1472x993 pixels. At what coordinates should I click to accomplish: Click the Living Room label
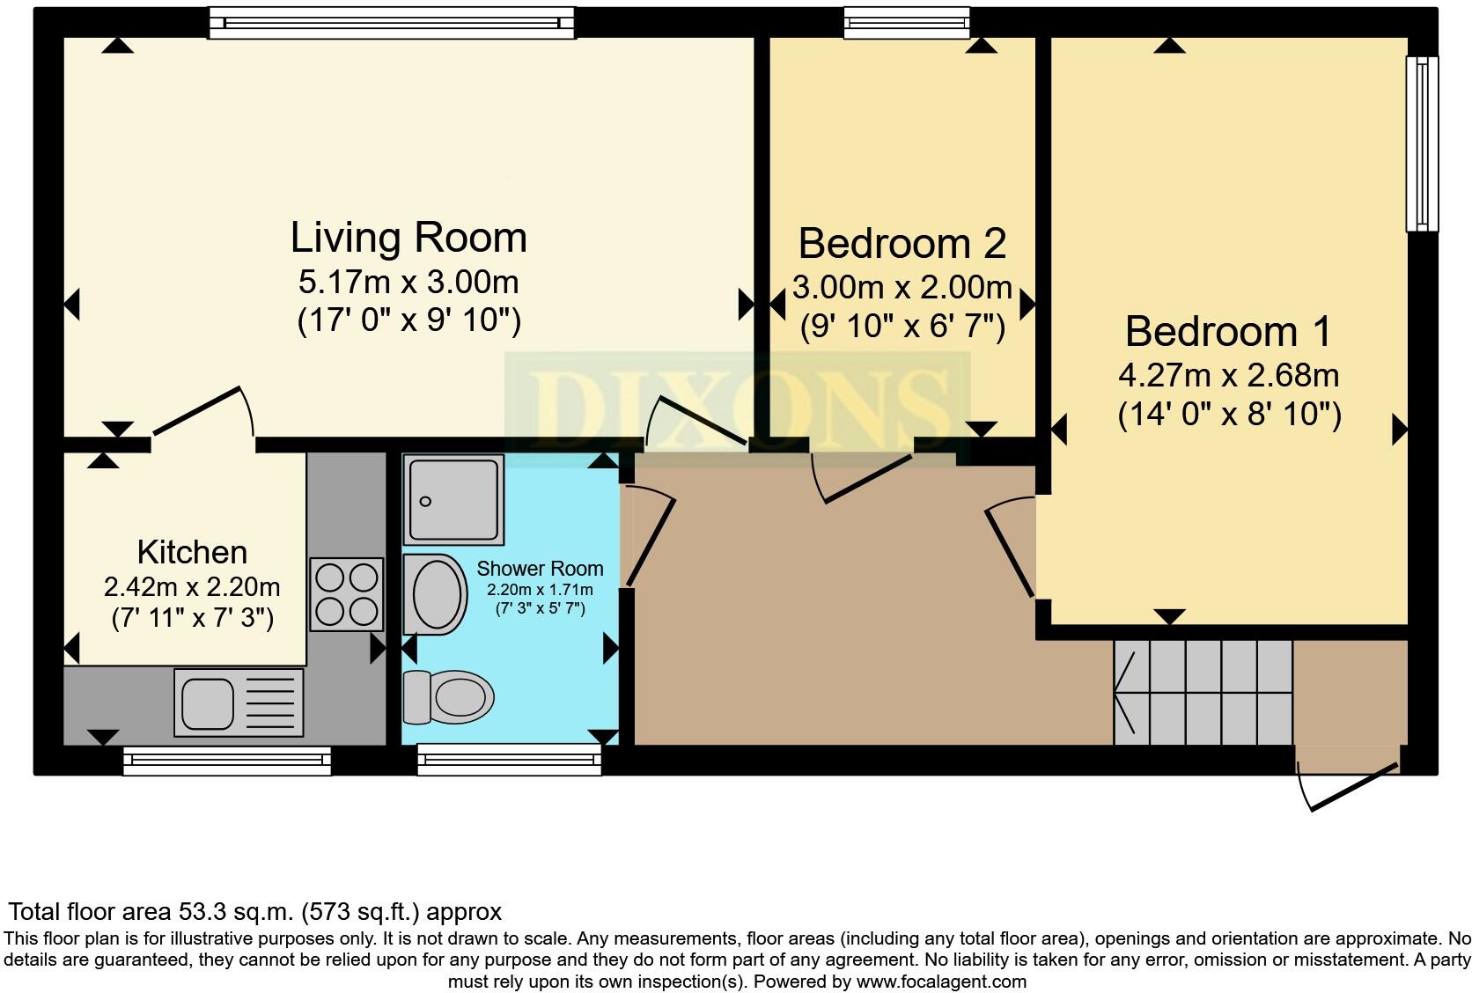(408, 238)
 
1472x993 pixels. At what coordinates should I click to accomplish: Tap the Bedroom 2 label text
(902, 243)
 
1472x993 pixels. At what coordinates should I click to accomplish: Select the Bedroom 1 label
(1228, 332)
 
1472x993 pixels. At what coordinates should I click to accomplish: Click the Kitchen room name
(192, 552)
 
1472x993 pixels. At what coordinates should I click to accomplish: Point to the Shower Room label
(540, 569)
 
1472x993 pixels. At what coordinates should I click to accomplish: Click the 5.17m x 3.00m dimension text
(408, 283)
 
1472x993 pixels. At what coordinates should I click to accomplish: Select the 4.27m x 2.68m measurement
(1228, 376)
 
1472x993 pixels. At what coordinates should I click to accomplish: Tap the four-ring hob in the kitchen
(346, 594)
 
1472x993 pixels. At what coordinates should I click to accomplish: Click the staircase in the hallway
(1202, 692)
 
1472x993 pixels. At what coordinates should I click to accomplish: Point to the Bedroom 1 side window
(1421, 143)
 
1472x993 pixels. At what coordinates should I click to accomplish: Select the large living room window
(391, 23)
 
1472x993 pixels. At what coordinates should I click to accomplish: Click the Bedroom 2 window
(906, 23)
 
